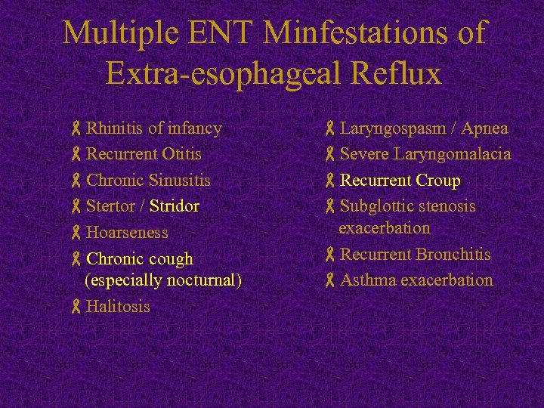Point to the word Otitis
tap(181, 154)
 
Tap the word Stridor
tap(175, 206)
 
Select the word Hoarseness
tap(127, 233)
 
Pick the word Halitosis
tap(118, 307)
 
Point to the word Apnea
tap(484, 128)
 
